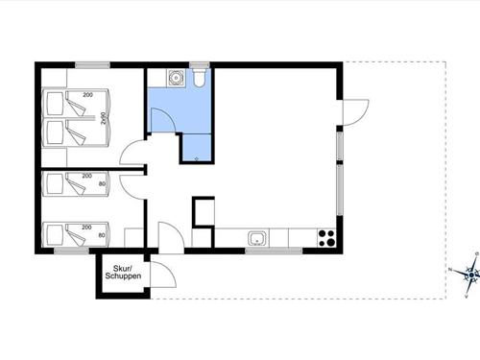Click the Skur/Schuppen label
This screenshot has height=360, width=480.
[126, 274]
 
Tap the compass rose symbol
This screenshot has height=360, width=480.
[469, 275]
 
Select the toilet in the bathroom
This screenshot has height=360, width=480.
[199, 80]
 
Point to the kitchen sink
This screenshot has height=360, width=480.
[258, 237]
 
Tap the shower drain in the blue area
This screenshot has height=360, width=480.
[196, 156]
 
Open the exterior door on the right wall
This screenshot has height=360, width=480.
[354, 112]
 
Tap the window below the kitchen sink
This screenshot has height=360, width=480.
[260, 251]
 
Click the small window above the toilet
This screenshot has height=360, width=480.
[199, 65]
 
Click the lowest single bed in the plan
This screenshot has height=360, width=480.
[78, 233]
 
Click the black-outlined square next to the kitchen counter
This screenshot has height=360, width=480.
[204, 212]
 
